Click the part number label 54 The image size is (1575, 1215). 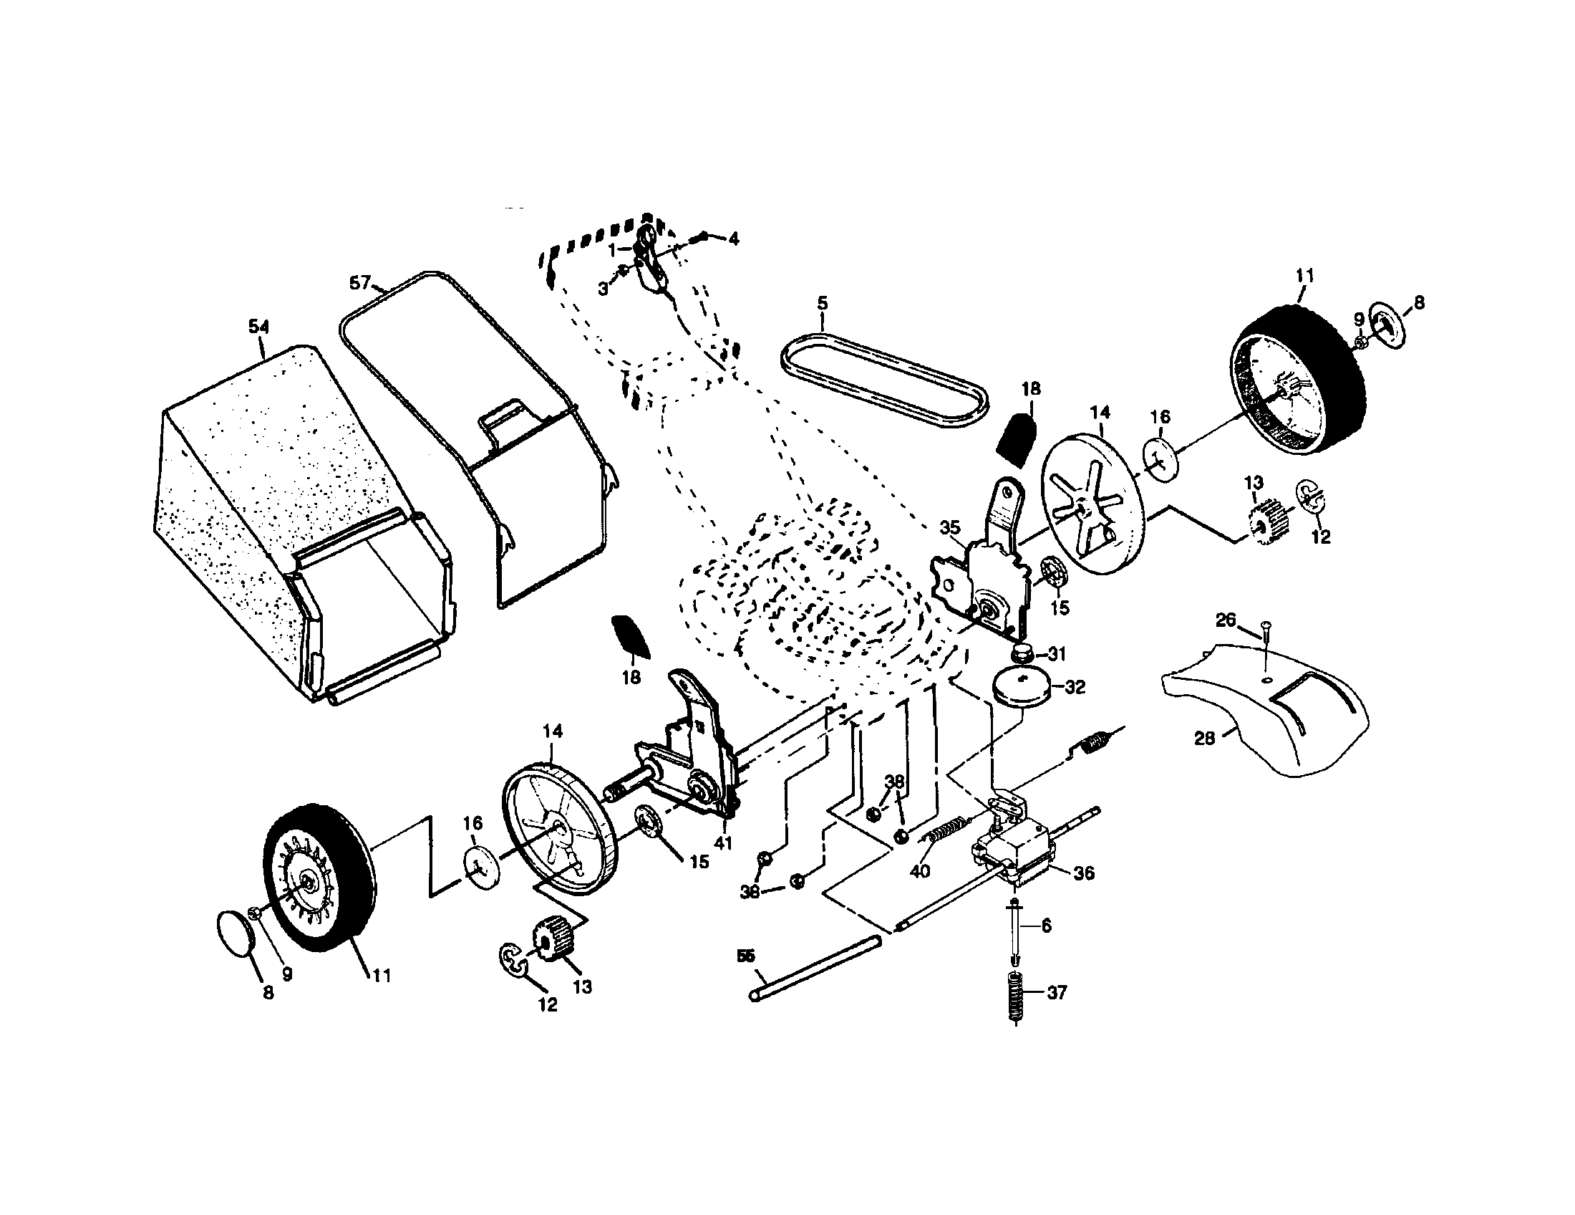258,327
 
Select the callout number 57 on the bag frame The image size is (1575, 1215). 360,283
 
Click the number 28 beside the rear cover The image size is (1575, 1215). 1205,738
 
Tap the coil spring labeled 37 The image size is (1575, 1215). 1014,997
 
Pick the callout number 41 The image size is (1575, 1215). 723,842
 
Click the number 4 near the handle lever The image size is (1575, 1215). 733,239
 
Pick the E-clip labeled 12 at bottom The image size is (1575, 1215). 513,963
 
